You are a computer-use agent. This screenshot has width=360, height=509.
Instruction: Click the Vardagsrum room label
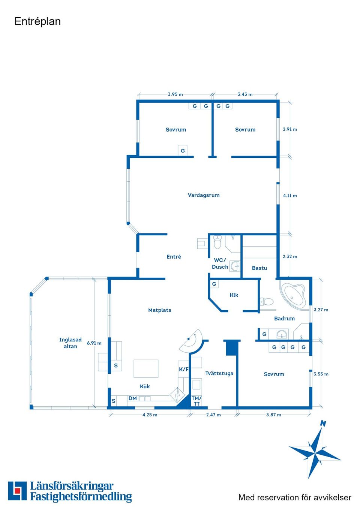(x=203, y=195)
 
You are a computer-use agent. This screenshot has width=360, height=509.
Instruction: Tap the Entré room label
(x=174, y=256)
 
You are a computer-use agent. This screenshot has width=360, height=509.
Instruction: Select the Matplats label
(x=159, y=310)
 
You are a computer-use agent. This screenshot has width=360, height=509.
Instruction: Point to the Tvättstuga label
(x=219, y=373)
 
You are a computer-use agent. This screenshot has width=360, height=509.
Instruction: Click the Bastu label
(x=259, y=268)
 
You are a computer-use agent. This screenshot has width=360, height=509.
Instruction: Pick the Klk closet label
(x=234, y=295)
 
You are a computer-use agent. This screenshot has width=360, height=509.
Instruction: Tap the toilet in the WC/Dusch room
(x=217, y=242)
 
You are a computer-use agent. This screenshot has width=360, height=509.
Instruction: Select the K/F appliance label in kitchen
(x=184, y=369)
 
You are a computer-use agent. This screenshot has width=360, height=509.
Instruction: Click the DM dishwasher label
(x=132, y=398)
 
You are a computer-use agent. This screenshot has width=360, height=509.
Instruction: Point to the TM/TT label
(x=196, y=401)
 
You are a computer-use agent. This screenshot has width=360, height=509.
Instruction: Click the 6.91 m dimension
(x=94, y=343)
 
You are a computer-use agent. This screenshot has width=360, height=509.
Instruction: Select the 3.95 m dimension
(x=175, y=94)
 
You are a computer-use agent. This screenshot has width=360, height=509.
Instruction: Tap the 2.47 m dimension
(x=213, y=415)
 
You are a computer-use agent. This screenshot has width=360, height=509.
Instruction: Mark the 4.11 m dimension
(x=290, y=195)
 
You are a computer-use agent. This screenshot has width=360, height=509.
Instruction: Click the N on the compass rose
(x=323, y=424)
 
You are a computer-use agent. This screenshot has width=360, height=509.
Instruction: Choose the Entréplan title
(x=37, y=22)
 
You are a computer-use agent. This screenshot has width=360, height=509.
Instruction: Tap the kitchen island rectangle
(x=146, y=368)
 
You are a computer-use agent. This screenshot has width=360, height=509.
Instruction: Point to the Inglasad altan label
(x=70, y=343)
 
